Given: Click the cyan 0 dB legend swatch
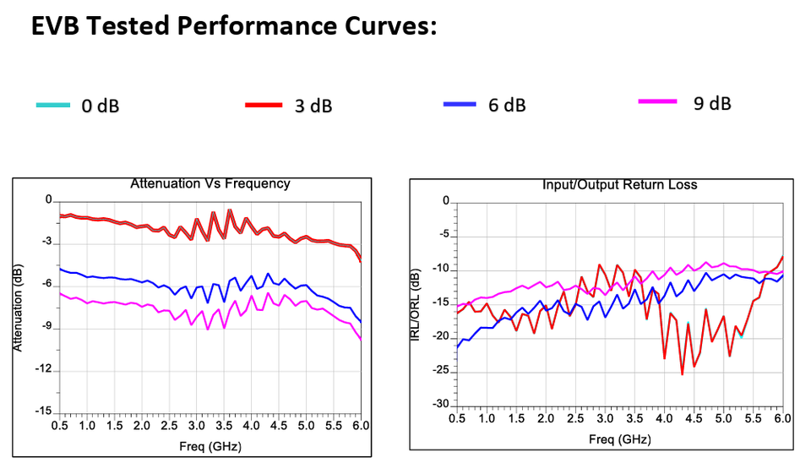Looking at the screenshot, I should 54,105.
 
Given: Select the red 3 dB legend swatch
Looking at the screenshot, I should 263,105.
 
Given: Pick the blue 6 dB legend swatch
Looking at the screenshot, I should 460,104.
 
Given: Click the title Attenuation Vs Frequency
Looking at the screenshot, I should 210,183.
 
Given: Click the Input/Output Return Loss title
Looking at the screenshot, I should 619,184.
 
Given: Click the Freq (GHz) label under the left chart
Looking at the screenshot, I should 210,445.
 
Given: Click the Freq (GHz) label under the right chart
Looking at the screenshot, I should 619,439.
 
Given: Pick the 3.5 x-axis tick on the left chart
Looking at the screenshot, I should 223,426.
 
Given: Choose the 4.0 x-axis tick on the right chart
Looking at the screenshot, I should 664,418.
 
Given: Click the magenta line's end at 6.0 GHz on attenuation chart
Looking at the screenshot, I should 361,339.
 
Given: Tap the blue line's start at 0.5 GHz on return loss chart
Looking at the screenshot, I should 457,347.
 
